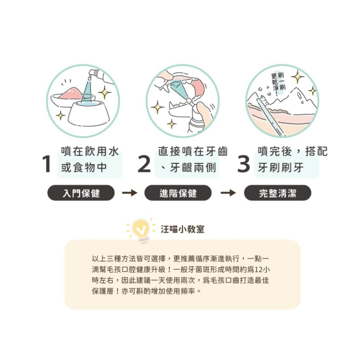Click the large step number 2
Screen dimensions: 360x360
[x=144, y=164]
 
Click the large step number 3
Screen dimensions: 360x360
[x=244, y=164]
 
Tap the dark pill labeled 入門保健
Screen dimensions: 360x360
[x=81, y=193]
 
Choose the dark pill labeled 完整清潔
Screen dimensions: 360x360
[x=278, y=193]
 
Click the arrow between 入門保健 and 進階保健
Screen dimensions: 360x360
[x=130, y=193]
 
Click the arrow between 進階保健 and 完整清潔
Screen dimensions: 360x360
[x=228, y=193]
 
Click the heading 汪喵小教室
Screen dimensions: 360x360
[x=183, y=229]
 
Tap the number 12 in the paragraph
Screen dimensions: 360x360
[x=258, y=270]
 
